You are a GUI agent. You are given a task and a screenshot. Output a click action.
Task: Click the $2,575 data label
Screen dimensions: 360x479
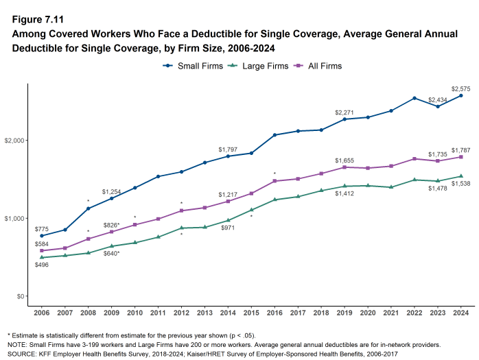click(461, 88)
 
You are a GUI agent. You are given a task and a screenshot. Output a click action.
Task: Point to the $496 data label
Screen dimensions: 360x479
click(42, 265)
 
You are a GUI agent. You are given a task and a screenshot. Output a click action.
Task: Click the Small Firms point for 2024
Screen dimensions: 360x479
click(460, 95)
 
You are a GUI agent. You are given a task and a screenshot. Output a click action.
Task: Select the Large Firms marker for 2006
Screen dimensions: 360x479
click(42, 257)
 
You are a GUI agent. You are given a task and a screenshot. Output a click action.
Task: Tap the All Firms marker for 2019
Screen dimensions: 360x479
click(344, 167)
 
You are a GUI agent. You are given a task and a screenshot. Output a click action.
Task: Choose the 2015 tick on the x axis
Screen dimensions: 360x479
click(250, 313)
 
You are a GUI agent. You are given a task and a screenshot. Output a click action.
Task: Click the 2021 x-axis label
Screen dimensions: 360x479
click(390, 313)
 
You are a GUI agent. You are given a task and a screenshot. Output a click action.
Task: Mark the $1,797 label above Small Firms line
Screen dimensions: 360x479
click(228, 149)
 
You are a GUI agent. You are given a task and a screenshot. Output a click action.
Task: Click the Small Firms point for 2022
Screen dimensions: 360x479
click(414, 98)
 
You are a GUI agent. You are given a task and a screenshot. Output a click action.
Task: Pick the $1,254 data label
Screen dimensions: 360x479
click(112, 191)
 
